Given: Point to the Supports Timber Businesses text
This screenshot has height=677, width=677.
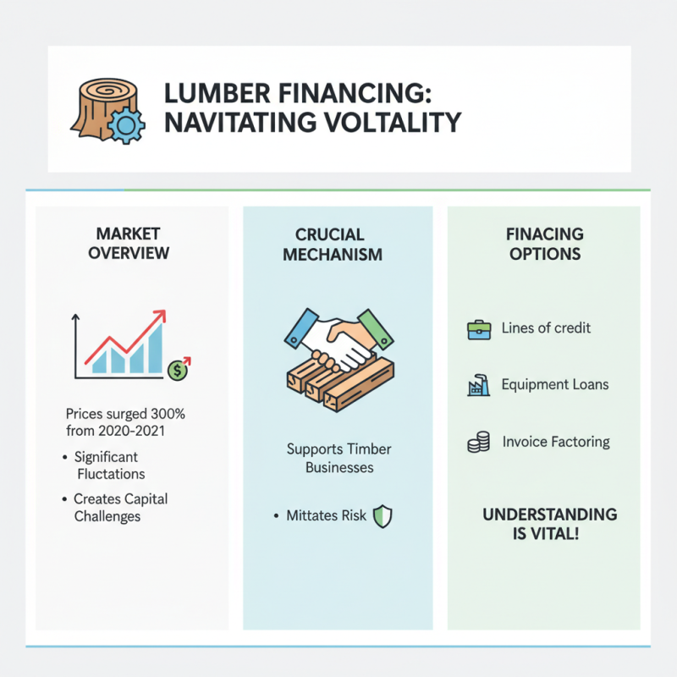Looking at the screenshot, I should coord(338,458).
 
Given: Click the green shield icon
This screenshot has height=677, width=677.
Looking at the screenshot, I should coord(383,516).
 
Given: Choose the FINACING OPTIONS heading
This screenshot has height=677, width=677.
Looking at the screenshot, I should coord(546,244).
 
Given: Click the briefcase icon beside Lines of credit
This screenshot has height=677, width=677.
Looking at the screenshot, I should coord(478,328).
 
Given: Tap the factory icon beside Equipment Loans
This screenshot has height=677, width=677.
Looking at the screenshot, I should coord(478,386).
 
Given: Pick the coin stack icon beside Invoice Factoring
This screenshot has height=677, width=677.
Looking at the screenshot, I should coord(478,442).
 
